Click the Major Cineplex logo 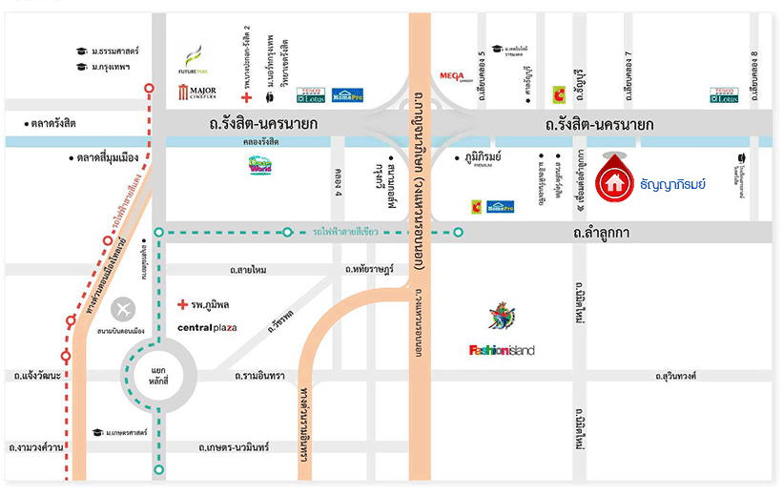(197, 93)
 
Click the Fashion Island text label (502, 349)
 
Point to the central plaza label (207, 327)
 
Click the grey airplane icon (123, 309)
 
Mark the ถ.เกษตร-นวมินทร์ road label (235, 446)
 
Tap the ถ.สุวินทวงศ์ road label (676, 376)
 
